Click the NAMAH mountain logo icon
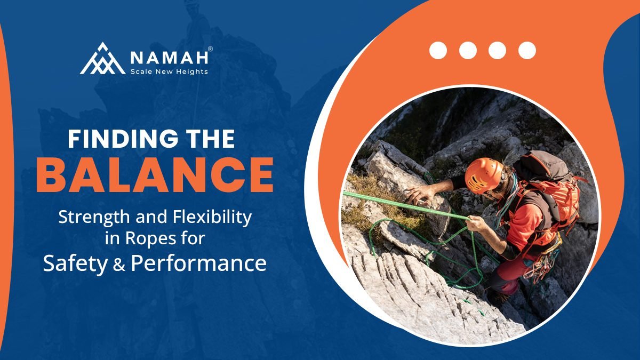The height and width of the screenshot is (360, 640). coord(102,59)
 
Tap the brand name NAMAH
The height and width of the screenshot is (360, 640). coord(169,58)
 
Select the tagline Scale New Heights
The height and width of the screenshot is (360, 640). coord(169,71)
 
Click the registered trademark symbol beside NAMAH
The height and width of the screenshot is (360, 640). coord(210,49)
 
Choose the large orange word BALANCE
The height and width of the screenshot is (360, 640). coord(155,174)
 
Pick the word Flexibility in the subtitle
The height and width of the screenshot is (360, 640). coord(212,218)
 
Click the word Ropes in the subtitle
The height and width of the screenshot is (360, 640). coord(150,238)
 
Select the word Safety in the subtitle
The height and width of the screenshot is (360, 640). coord(75,263)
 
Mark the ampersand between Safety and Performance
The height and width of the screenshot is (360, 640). coord(119,265)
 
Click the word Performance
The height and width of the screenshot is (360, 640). coord(199,263)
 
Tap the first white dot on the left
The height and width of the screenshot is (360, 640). coord(438,50)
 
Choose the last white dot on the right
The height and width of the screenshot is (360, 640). coord(527,50)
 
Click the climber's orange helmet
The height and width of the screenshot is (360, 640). coord(484,175)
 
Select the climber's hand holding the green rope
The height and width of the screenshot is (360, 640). coord(477,223)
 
